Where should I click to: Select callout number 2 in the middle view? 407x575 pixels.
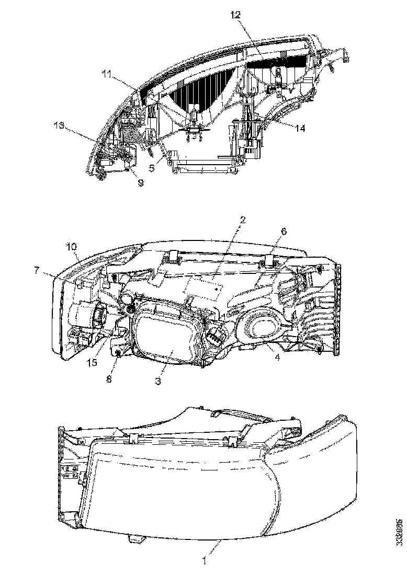pyautogui.click(x=241, y=220)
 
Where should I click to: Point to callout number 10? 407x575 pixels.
pyautogui.click(x=71, y=245)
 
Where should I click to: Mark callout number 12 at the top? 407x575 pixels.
pyautogui.click(x=233, y=15)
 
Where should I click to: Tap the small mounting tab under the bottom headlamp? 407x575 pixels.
pyautogui.click(x=137, y=538)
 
